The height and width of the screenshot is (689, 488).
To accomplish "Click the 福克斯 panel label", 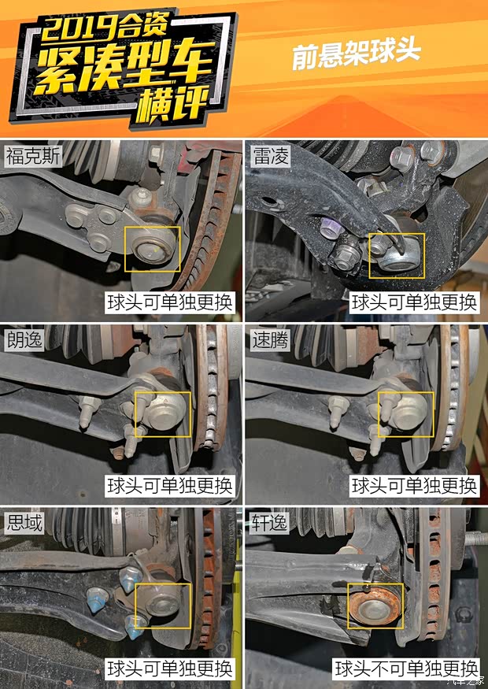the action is [x=33, y=156].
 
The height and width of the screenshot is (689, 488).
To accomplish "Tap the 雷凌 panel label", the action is [x=271, y=156].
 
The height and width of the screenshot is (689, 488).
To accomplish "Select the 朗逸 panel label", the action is [x=24, y=339].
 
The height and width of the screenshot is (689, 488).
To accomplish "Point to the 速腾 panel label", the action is [x=271, y=339].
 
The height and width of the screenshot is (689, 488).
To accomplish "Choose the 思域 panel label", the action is [x=24, y=523].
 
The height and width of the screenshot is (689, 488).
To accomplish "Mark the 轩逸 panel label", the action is [x=270, y=523].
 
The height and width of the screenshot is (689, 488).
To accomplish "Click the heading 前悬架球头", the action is [x=357, y=54].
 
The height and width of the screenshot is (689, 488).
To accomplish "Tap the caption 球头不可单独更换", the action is [x=406, y=669].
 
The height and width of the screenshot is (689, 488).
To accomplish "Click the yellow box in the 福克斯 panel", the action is [x=125, y=249].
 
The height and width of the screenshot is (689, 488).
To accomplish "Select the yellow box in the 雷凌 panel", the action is [x=369, y=256].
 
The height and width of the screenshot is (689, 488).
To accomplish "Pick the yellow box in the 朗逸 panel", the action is [x=135, y=414].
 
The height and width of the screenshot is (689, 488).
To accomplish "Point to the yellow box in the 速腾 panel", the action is [x=379, y=414].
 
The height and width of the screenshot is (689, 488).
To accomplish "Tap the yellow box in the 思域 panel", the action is [x=135, y=606].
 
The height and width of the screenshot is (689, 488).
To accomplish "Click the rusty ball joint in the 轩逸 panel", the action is [x=375, y=605].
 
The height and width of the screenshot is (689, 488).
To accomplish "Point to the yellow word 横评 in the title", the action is [x=172, y=103].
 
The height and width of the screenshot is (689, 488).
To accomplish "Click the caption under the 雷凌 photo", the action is [x=414, y=302].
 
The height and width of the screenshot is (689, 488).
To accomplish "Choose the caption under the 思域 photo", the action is [x=170, y=669].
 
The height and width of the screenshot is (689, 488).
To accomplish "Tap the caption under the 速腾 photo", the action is [x=414, y=486].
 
